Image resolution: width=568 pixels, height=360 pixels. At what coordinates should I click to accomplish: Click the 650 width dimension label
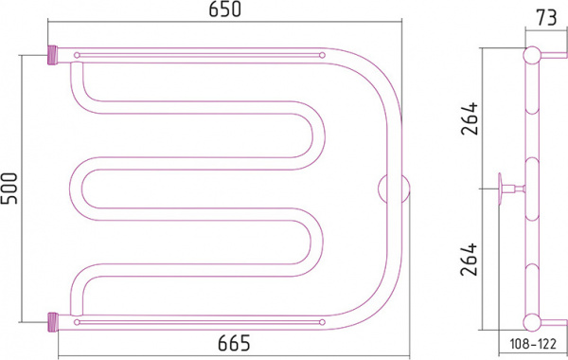pyautogui.click(x=224, y=9)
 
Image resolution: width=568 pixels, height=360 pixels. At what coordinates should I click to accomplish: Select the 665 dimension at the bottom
pyautogui.click(x=234, y=343)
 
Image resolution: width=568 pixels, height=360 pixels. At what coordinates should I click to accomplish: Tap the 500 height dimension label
pyautogui.click(x=9, y=189)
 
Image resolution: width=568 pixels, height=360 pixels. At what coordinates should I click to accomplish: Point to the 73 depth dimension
pyautogui.click(x=546, y=18)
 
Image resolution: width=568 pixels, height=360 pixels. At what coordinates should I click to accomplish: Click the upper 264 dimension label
pyautogui.click(x=470, y=119)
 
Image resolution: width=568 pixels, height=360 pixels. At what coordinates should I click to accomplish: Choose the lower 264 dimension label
pyautogui.click(x=470, y=260)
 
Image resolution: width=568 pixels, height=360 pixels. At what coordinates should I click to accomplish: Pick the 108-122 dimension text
pyautogui.click(x=533, y=344)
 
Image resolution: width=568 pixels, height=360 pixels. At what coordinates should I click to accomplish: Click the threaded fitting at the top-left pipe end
pyautogui.click(x=53, y=55)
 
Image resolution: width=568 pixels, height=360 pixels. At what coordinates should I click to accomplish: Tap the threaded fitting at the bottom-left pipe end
pyautogui.click(x=53, y=322)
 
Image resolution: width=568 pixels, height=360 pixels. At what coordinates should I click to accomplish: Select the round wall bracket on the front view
pyautogui.click(x=394, y=189)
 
